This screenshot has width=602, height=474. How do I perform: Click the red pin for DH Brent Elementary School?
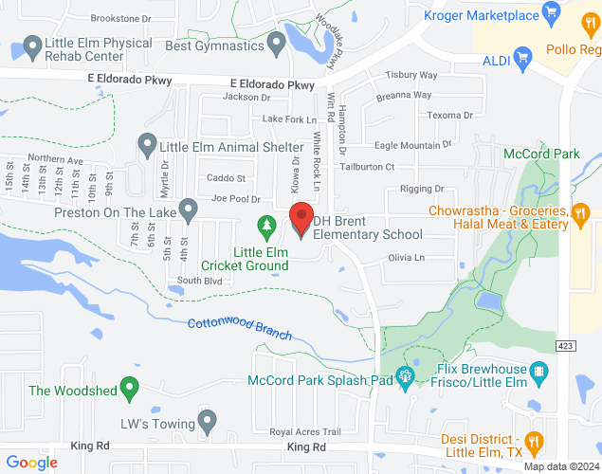[x=301, y=219]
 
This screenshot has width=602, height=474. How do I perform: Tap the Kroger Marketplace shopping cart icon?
[x=551, y=13]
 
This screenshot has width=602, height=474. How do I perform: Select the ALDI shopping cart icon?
[x=520, y=61]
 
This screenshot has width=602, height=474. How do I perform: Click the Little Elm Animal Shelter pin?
[x=147, y=145]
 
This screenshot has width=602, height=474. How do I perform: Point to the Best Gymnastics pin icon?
[x=277, y=43]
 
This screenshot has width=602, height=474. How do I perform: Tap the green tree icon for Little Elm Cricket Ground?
[x=267, y=226]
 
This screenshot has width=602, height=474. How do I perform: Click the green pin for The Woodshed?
[x=131, y=388]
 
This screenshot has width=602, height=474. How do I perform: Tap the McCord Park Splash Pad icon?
[x=405, y=376]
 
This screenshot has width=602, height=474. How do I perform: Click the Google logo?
[x=32, y=463]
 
